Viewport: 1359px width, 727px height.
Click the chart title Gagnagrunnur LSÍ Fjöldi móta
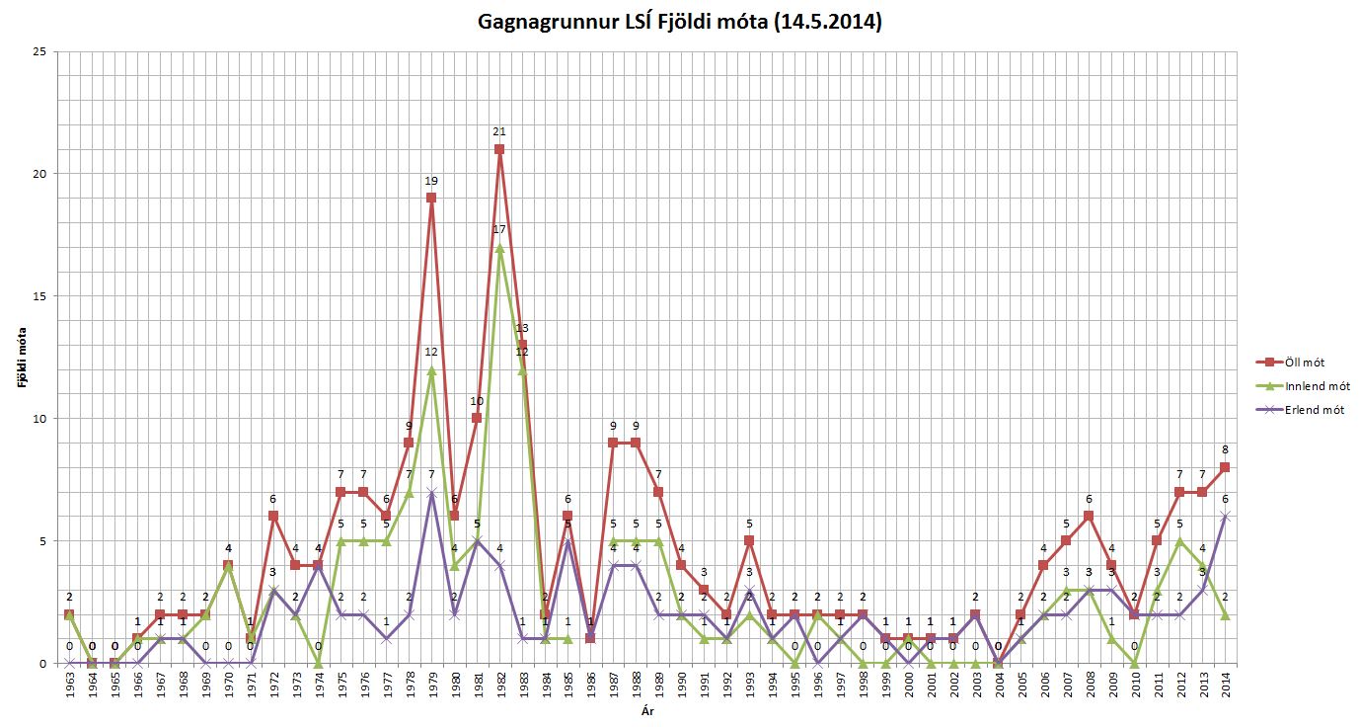pos(679,21)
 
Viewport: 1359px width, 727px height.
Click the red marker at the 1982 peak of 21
pos(499,149)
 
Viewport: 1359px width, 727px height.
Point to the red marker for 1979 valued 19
pos(431,198)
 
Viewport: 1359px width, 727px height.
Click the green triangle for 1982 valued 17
pos(499,247)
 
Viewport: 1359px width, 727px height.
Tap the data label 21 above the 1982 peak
pos(499,131)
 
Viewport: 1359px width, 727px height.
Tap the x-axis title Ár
pos(646,710)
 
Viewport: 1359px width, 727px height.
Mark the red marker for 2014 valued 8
pos(1225,467)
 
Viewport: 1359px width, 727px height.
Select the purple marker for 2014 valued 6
pos(1225,516)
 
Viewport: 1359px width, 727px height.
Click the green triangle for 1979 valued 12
pos(431,369)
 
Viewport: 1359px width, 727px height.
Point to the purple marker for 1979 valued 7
pos(431,492)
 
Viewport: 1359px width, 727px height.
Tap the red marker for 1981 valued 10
pos(477,418)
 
